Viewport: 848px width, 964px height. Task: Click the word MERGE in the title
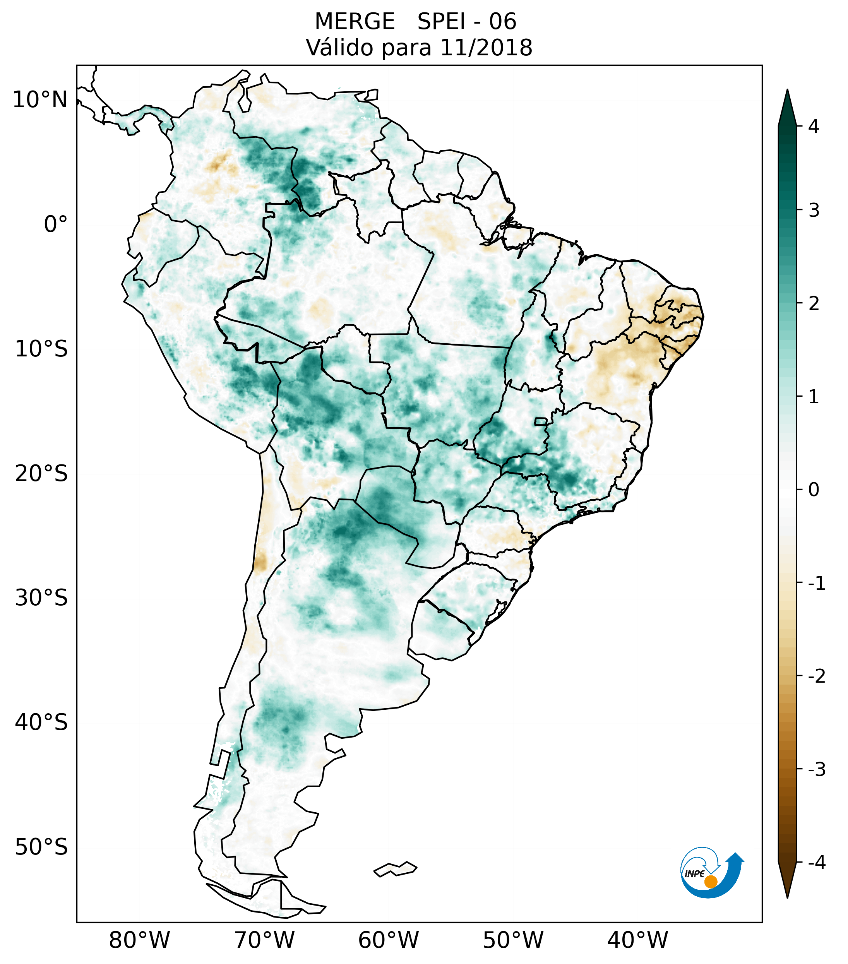pyautogui.click(x=354, y=22)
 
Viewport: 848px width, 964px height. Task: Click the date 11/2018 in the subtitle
pyautogui.click(x=486, y=48)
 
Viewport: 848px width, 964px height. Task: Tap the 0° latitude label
pyautogui.click(x=56, y=224)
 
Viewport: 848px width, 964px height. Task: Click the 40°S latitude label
pyautogui.click(x=41, y=722)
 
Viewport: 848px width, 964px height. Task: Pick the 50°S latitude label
pyautogui.click(x=41, y=847)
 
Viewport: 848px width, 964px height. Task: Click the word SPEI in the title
pyautogui.click(x=440, y=22)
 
